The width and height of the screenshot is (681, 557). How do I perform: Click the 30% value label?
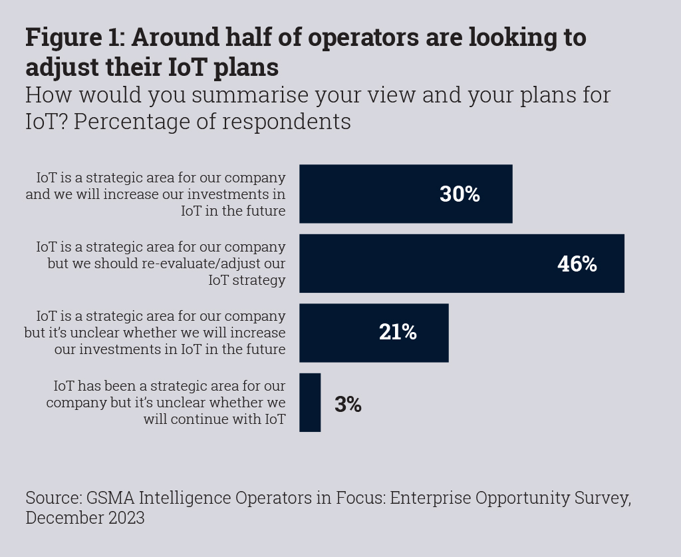(x=460, y=194)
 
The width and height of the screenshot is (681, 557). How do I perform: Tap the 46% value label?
(x=577, y=264)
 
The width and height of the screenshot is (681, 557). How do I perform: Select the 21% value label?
(x=398, y=333)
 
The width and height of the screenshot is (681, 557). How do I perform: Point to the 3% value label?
(x=348, y=405)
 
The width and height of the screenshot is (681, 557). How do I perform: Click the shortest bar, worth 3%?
(x=310, y=403)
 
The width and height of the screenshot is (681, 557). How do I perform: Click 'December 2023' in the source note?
(x=85, y=518)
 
